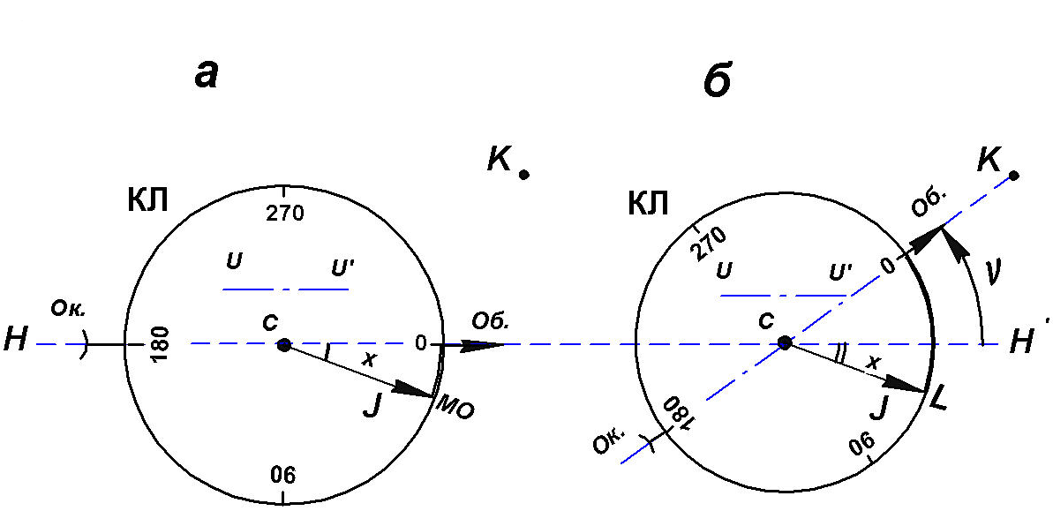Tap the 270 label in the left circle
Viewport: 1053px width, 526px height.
point(283,213)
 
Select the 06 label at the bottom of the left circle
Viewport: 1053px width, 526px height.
point(282,476)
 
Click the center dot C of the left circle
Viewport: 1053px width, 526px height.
point(283,345)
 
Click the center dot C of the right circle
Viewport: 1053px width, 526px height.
point(784,342)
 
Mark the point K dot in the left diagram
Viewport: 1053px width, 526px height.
point(523,175)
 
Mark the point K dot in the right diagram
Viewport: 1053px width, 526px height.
point(1014,176)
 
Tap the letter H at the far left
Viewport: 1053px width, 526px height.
point(15,340)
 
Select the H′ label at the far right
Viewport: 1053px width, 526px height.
point(1024,340)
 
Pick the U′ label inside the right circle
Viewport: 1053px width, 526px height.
point(840,271)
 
